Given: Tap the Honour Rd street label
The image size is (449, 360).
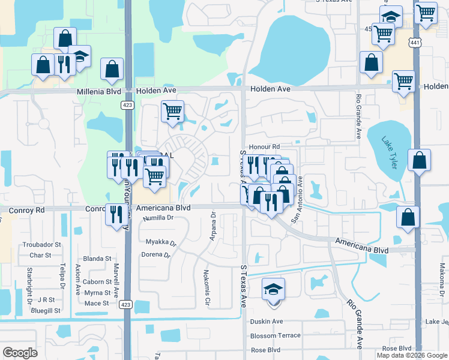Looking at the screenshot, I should click(x=265, y=146).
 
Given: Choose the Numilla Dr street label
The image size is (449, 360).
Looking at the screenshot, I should click(x=158, y=218).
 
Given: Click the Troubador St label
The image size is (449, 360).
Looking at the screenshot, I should click(x=41, y=245).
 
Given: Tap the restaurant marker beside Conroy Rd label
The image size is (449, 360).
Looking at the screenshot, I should click(x=115, y=214).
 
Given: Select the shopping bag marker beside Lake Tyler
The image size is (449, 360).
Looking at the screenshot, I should click(x=419, y=160).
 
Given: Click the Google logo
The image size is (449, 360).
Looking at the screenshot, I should click(x=20, y=352).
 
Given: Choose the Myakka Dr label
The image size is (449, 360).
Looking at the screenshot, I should click(x=161, y=243).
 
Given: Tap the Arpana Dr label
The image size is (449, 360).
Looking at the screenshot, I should click(x=212, y=226).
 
